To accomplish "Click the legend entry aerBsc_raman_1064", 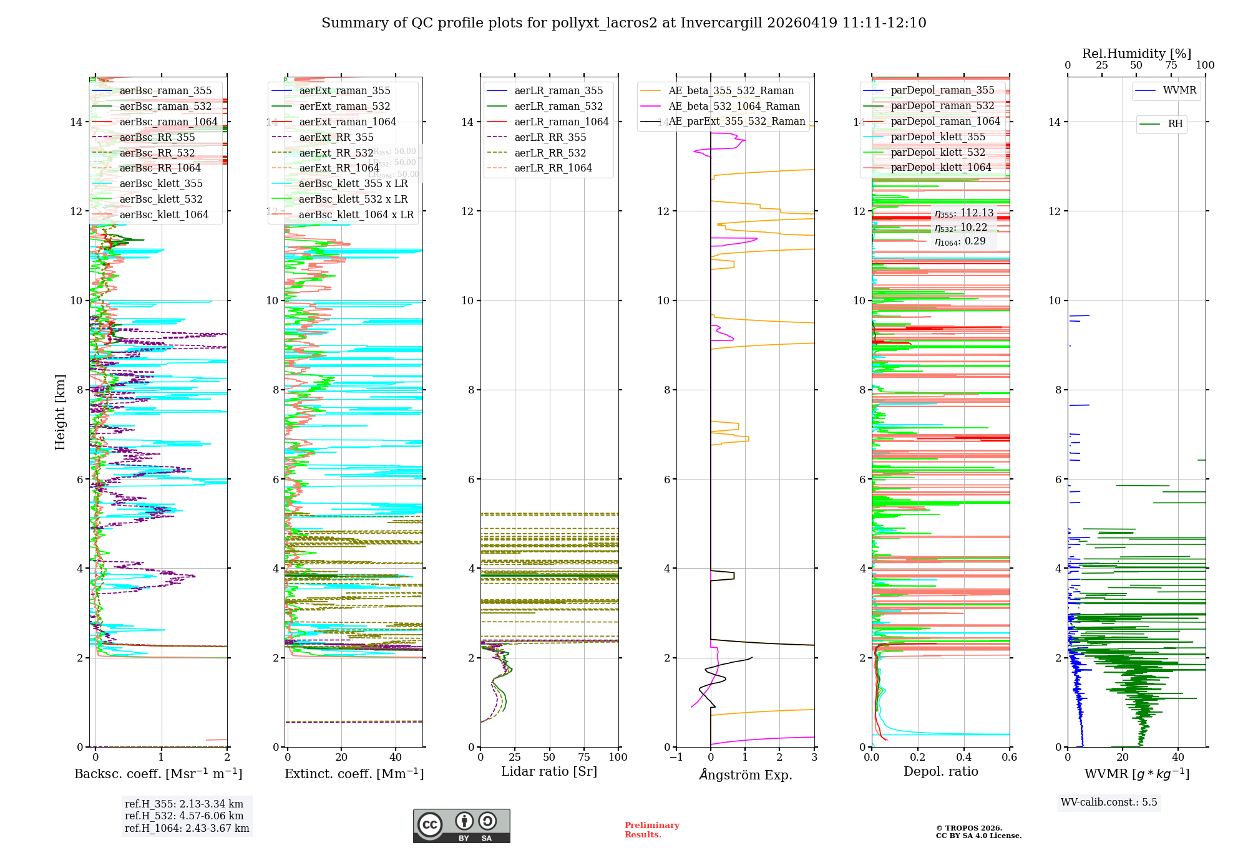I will pos(168,122).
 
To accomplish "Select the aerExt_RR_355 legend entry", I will pos(336,137).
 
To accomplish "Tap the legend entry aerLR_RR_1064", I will pos(553,168).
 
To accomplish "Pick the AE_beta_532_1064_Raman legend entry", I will pos(734,106).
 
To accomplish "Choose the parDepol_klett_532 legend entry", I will pos(938,152).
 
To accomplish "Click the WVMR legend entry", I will pos(1179,90).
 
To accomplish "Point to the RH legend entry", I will pos(1175,124).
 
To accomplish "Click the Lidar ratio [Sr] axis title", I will pos(549,772).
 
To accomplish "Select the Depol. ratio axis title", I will pos(940,772).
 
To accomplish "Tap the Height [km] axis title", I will pos(60,412).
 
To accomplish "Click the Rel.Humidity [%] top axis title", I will pos(1136,54).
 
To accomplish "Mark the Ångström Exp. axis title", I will pos(745,775).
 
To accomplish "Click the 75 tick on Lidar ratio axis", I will pos(584,758).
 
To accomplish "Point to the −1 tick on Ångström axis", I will pos(676,758).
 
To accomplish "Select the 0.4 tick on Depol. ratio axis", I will pos(963,758).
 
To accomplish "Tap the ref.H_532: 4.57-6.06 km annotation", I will pos(184,816).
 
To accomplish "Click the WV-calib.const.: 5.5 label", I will pos(1109,802).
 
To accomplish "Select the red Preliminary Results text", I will pos(651,830).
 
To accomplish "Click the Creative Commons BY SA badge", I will pos(461,826).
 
